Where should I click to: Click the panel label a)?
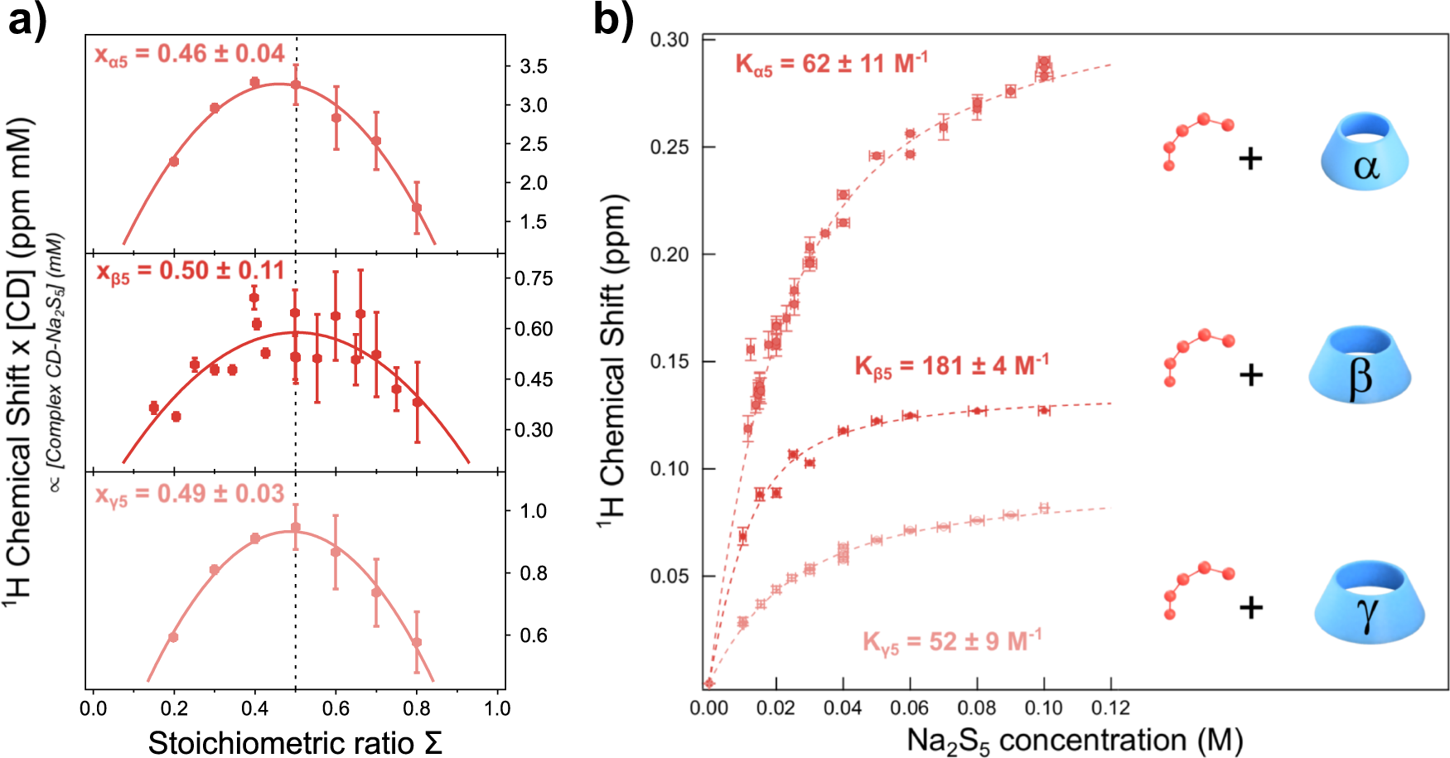27,20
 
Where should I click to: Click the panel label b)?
613,20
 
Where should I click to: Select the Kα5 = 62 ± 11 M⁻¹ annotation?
831,64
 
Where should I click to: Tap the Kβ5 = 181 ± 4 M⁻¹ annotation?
951,366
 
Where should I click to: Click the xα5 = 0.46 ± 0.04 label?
190,55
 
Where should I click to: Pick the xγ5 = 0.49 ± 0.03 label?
190,495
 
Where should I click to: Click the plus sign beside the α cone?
1250,157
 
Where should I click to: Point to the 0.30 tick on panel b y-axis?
669,40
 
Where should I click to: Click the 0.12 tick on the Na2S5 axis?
1110,708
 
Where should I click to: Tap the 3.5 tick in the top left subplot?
533,66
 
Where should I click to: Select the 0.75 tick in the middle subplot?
533,278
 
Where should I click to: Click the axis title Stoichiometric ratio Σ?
295,742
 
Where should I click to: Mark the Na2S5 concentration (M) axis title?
1075,740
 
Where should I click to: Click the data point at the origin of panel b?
709,683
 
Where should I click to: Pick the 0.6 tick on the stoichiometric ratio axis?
336,708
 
